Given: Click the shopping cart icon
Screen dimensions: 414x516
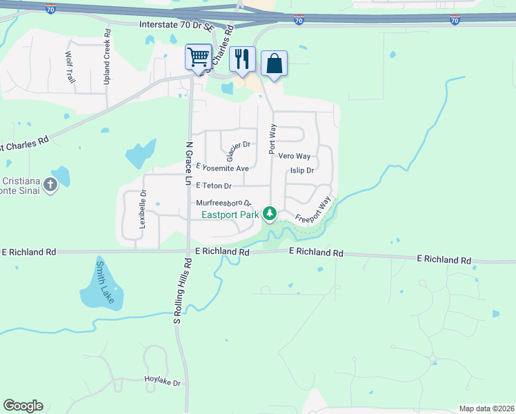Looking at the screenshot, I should pos(198,57).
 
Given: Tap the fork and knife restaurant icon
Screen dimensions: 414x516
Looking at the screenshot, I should pos(242,59).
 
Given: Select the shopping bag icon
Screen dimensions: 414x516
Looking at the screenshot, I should pos(274,63).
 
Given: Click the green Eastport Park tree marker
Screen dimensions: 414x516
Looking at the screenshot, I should pos(270,214).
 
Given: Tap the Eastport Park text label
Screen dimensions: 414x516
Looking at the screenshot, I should pos(230,215).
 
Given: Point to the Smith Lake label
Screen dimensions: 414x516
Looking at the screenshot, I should pos(105,282).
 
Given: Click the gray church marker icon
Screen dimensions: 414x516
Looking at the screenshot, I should pos(50,185).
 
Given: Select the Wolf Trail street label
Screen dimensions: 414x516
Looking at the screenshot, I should pos(70,68).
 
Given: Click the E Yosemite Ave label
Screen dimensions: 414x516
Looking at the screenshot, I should pos(222,168).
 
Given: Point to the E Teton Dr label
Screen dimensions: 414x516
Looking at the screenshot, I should pos(214,186).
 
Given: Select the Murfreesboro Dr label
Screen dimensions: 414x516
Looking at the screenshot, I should pos(224,204).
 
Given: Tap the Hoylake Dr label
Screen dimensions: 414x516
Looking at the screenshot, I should pos(162,382).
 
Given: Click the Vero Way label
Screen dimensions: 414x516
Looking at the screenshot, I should pos(295,157).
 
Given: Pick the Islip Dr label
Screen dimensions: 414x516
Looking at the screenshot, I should pos(302,170).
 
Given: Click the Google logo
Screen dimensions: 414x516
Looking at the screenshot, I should pos(23,406).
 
